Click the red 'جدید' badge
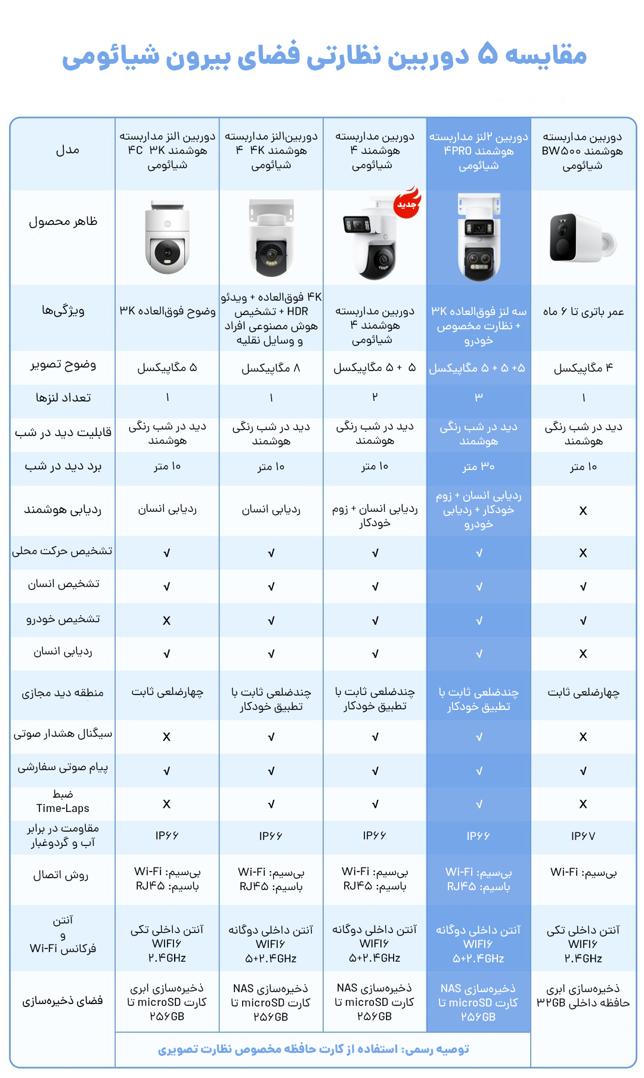[407, 205]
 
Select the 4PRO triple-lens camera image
[479, 237]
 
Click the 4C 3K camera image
[168, 238]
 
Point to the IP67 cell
[583, 836]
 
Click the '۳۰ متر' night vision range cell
[478, 467]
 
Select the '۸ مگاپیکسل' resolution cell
[271, 368]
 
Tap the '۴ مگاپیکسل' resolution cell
[583, 368]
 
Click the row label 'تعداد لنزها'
[63, 397]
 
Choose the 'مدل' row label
[67, 150]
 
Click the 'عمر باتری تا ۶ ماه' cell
[583, 311]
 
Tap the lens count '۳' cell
[478, 397]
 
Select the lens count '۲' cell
[374, 397]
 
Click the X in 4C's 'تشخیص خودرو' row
[166, 621]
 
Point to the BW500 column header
[583, 151]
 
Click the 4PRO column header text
[478, 151]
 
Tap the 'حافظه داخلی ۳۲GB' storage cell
[583, 1002]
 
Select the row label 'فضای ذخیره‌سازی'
[63, 1000]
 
